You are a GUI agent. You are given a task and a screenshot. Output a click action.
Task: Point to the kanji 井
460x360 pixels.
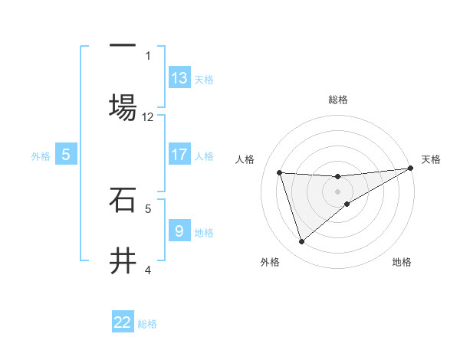(x=123, y=261)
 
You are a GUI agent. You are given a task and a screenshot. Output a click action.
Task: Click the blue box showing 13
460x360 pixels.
(x=179, y=77)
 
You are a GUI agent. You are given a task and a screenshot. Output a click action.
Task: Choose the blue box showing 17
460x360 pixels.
(x=179, y=155)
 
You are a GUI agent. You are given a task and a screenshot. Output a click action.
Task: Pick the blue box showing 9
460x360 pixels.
(x=179, y=231)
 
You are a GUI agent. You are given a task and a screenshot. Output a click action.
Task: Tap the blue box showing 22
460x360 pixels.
(x=123, y=322)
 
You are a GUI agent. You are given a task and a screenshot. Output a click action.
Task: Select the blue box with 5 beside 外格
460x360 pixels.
(x=66, y=155)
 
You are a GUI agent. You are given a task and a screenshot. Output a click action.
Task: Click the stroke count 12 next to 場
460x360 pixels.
(x=148, y=117)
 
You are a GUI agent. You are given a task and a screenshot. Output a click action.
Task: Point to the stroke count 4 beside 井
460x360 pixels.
(x=148, y=270)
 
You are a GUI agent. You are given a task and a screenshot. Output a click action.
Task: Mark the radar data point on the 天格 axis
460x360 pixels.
(x=411, y=169)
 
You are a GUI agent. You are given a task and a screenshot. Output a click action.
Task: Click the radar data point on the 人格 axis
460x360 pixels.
(x=280, y=172)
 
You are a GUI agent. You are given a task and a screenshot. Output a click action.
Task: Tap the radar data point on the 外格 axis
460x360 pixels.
(x=301, y=242)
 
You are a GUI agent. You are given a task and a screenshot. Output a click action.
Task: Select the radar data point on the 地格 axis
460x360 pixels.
(x=347, y=204)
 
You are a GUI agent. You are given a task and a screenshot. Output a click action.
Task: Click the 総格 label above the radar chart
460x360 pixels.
(x=338, y=100)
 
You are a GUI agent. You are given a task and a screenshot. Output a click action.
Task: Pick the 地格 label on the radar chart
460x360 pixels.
(x=402, y=262)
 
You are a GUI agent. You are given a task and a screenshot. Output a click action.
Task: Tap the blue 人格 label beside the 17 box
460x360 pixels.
(x=204, y=155)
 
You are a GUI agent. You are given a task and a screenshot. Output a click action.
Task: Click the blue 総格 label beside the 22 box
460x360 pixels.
(x=147, y=324)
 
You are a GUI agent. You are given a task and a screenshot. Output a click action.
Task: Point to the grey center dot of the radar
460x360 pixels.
(x=338, y=191)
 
